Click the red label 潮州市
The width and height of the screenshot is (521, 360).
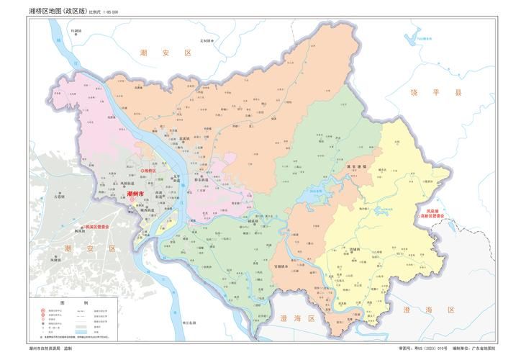[x=135, y=194]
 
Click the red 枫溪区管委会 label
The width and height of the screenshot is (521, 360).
[x=101, y=226]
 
